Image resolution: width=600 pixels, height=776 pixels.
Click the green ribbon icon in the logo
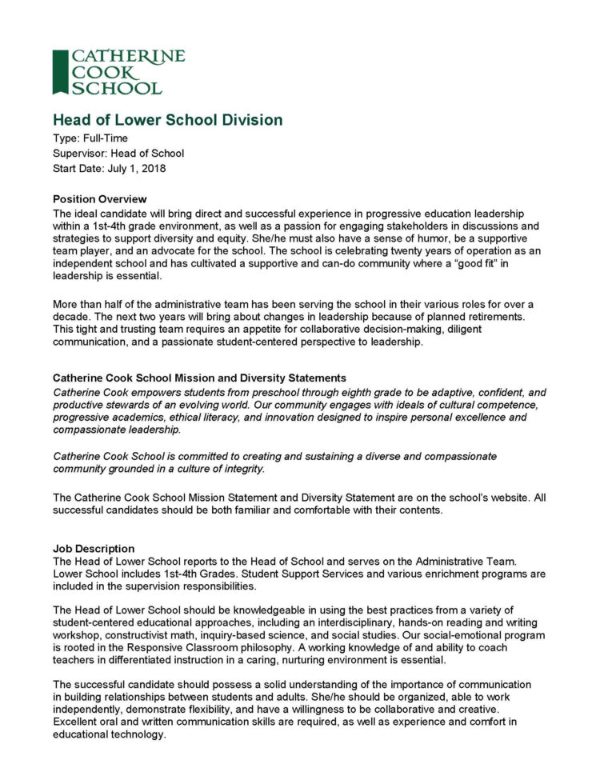(x=60, y=72)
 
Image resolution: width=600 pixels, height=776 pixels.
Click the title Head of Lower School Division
(x=167, y=120)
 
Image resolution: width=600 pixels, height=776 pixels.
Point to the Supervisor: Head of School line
(x=118, y=154)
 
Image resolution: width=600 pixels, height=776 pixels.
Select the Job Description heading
(x=94, y=549)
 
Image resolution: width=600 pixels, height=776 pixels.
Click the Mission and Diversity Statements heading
(x=199, y=377)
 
